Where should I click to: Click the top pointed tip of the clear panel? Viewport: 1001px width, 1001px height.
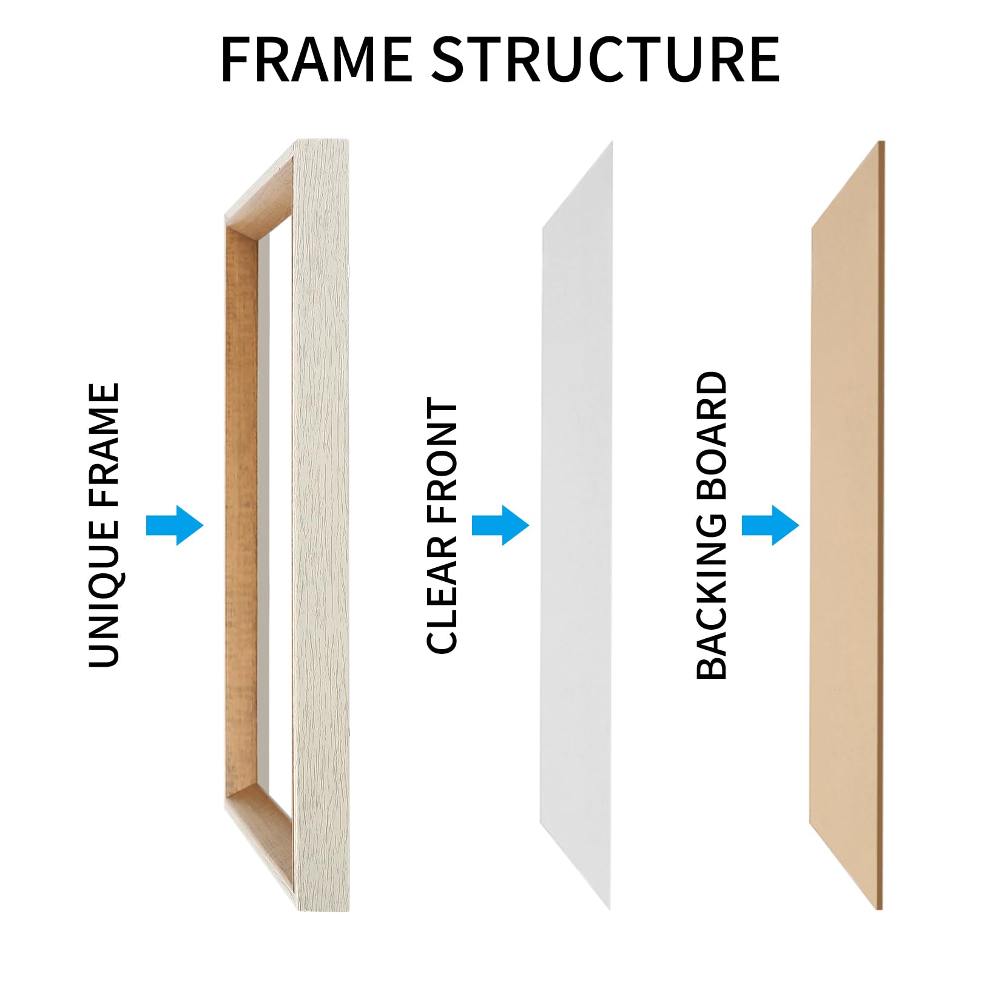[x=612, y=141]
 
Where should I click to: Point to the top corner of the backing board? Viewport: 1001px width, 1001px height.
[x=881, y=141]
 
